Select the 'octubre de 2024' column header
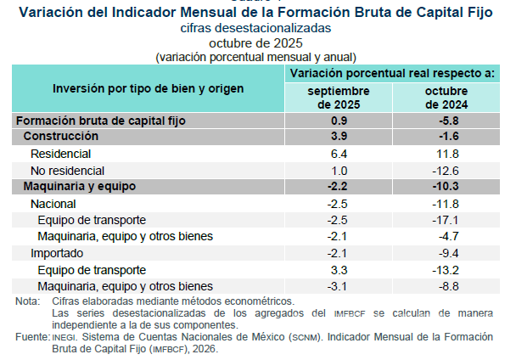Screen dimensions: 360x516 [446, 97]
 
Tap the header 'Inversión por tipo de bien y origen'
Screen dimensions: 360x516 [148, 88]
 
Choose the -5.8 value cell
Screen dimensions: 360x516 [446, 121]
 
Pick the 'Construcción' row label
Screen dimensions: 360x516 [61, 137]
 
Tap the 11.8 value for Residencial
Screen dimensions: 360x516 [446, 154]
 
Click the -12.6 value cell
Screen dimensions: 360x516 [446, 170]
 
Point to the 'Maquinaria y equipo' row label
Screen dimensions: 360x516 [80, 186]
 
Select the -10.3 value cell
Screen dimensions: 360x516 [446, 186]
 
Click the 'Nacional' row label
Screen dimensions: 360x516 [53, 204]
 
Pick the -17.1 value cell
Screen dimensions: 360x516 [446, 220]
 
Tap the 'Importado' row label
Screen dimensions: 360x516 [57, 253]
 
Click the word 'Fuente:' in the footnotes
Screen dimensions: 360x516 [31, 337]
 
